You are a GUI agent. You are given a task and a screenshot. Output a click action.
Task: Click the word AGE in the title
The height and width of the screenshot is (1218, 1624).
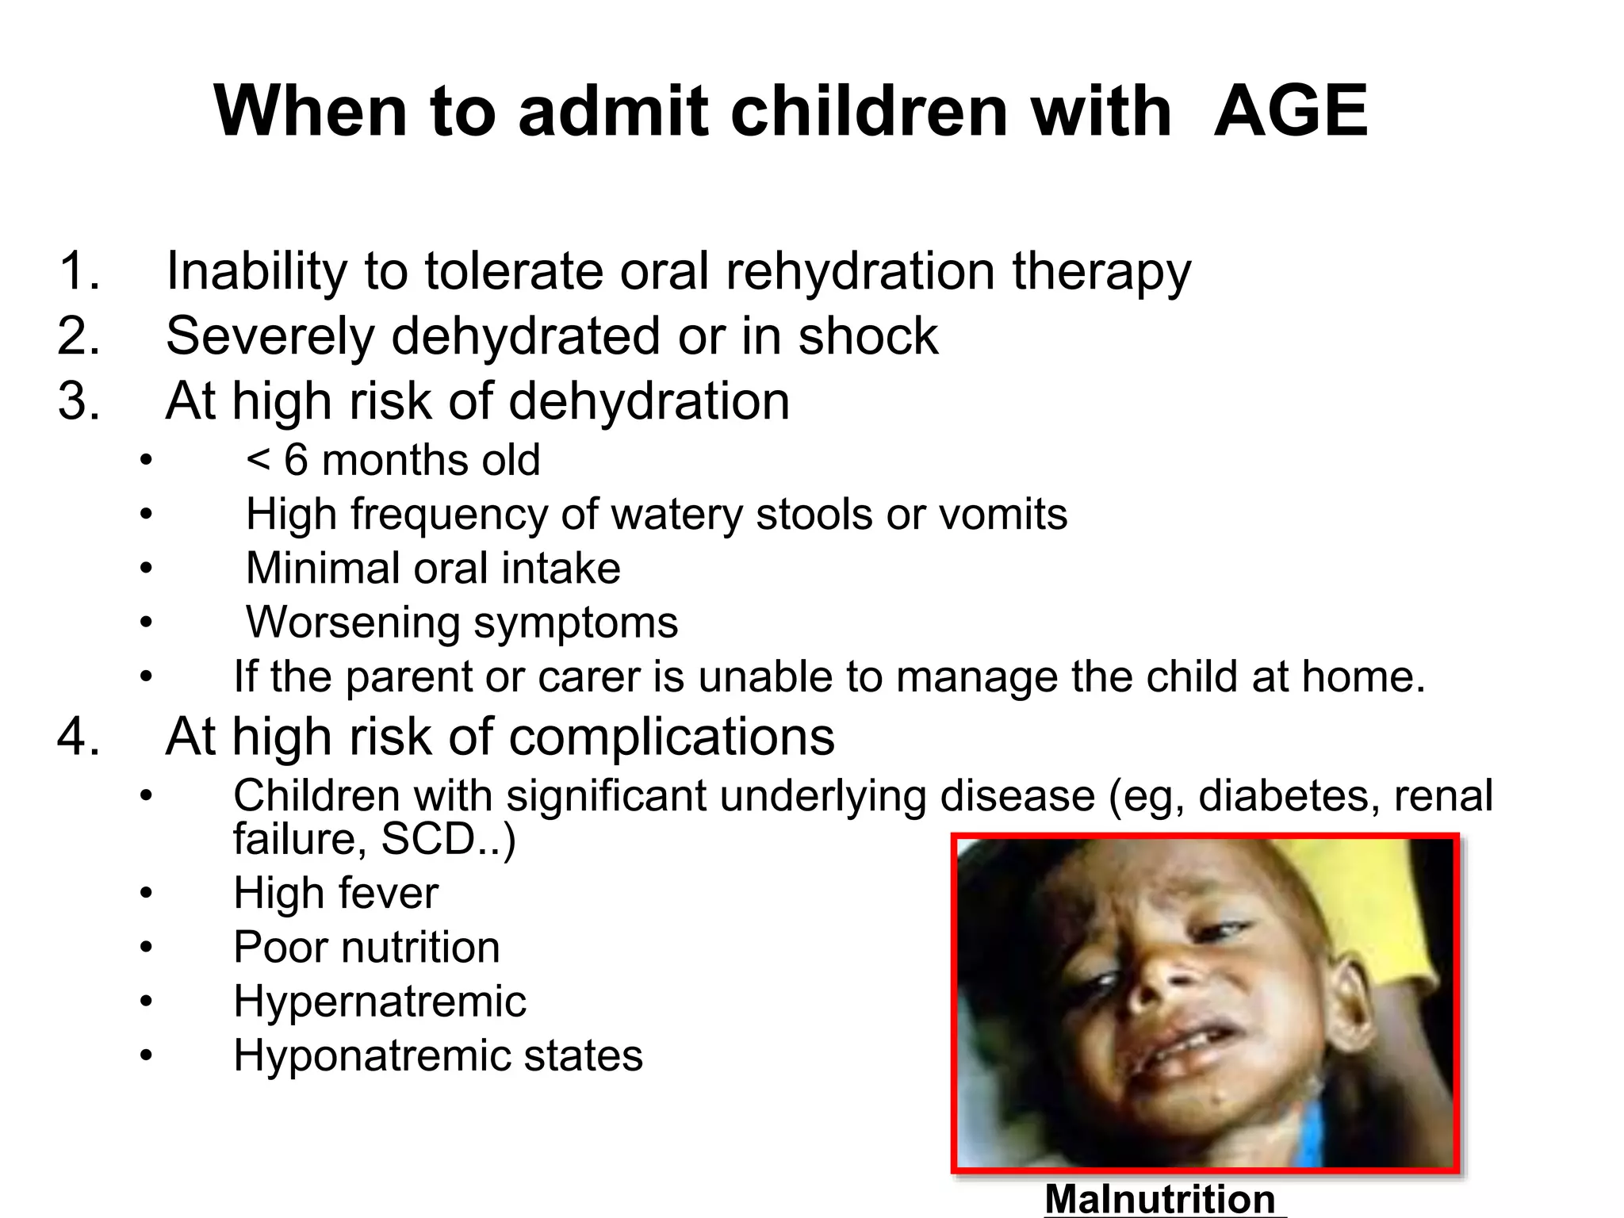(x=1290, y=111)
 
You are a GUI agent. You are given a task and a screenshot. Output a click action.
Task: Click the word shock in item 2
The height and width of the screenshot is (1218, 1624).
(x=868, y=336)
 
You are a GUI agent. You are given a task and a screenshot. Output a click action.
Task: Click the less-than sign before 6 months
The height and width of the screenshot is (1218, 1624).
(x=259, y=461)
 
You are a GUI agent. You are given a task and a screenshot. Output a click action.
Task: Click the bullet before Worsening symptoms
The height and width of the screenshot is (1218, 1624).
(x=145, y=622)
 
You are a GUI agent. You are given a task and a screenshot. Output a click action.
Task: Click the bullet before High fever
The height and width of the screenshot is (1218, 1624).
(x=145, y=894)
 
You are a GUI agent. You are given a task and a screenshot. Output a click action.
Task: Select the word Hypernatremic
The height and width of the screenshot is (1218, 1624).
(x=380, y=1002)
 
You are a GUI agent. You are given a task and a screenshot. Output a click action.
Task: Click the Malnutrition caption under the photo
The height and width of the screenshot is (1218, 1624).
(x=1159, y=1199)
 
